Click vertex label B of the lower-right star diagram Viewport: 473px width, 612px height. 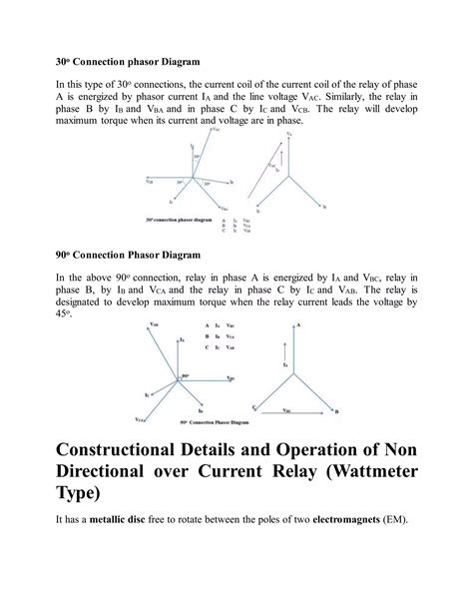336,410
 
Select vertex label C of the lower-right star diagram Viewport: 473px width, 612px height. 254,408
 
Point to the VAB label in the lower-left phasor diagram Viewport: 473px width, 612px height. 154,324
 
